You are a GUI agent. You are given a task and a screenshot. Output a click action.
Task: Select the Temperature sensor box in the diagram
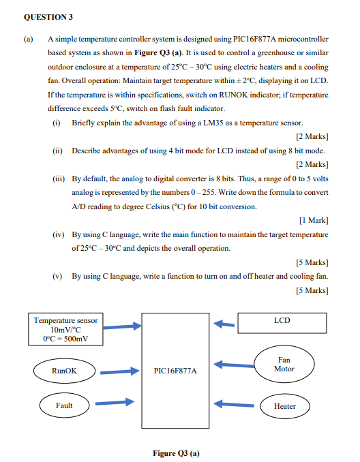[x=65, y=330]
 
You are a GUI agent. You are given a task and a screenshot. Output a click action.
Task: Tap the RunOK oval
[x=65, y=371]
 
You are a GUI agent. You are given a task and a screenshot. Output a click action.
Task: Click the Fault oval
[x=64, y=406]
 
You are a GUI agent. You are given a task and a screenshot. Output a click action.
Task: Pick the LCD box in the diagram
[x=282, y=320]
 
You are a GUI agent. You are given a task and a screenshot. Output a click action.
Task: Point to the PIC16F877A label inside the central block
[x=177, y=372]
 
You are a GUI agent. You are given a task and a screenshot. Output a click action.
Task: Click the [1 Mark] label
[x=314, y=219]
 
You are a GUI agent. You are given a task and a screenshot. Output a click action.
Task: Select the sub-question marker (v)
[x=58, y=276]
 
